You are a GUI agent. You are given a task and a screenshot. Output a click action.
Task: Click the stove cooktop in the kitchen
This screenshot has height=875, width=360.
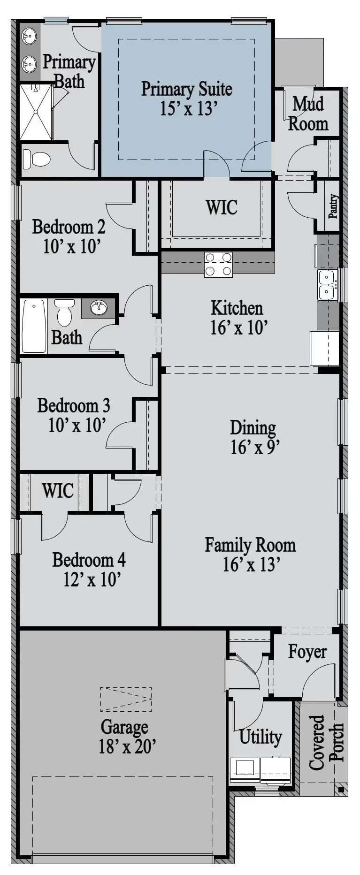click(218, 264)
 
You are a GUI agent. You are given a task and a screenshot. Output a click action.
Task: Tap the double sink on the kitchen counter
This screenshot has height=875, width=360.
click(327, 284)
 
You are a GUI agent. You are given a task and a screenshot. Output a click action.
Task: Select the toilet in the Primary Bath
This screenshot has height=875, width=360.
click(36, 159)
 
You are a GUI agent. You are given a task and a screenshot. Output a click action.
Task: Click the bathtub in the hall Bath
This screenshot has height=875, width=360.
click(34, 326)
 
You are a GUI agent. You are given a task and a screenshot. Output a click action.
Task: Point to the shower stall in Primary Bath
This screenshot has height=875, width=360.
click(36, 112)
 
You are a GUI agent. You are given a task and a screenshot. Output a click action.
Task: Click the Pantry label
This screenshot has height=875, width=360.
click(333, 206)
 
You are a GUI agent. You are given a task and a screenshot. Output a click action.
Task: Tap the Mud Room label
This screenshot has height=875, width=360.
click(308, 114)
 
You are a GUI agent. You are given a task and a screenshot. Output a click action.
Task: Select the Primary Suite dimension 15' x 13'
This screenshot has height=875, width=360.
click(188, 108)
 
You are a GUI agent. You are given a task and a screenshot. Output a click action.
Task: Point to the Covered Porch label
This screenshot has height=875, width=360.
click(327, 742)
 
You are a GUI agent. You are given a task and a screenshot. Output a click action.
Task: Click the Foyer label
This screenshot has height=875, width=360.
click(307, 652)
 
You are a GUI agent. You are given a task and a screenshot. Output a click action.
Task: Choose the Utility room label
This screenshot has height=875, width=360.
click(260, 737)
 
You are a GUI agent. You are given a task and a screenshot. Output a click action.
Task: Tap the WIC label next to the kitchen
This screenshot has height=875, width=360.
click(222, 207)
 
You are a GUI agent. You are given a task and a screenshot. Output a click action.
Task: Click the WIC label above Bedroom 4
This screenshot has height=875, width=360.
click(58, 491)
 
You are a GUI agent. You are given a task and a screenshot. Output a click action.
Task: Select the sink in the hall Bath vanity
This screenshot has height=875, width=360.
click(98, 308)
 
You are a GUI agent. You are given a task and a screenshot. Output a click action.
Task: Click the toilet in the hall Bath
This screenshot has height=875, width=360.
click(65, 312)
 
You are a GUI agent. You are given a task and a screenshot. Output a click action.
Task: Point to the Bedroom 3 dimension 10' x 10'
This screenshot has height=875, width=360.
click(77, 426)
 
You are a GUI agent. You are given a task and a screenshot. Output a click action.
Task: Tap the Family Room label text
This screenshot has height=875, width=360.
click(250, 545)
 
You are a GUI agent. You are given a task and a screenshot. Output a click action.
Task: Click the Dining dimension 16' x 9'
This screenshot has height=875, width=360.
click(255, 448)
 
